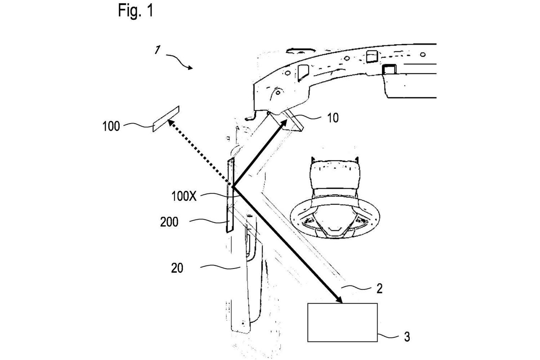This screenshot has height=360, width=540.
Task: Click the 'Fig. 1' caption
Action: tap(136, 11)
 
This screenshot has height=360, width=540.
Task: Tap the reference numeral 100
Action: tap(111, 127)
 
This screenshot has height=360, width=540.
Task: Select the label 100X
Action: tap(184, 196)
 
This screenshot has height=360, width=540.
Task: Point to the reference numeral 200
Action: tap(169, 222)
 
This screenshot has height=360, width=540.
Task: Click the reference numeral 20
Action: tap(177, 268)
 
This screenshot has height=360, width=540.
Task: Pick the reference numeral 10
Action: tap(333, 118)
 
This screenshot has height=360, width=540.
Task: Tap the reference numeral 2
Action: tap(379, 288)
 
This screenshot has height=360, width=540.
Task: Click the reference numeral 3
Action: tap(407, 337)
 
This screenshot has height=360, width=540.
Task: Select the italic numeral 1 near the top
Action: tap(157, 50)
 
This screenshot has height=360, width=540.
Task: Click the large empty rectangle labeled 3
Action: tap(342, 323)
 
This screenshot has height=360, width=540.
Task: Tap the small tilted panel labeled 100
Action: tap(166, 119)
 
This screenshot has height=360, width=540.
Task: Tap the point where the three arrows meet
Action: tap(233, 186)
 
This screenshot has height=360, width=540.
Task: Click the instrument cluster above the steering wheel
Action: tap(334, 175)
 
